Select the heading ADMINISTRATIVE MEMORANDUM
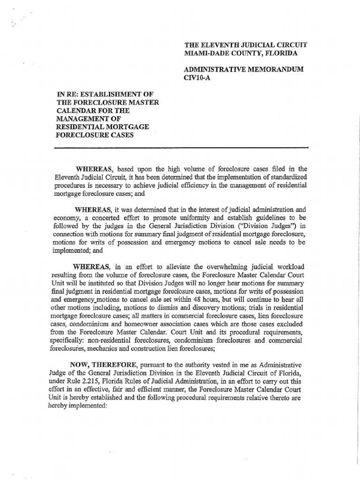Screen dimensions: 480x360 243,69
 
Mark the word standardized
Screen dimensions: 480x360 283,177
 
